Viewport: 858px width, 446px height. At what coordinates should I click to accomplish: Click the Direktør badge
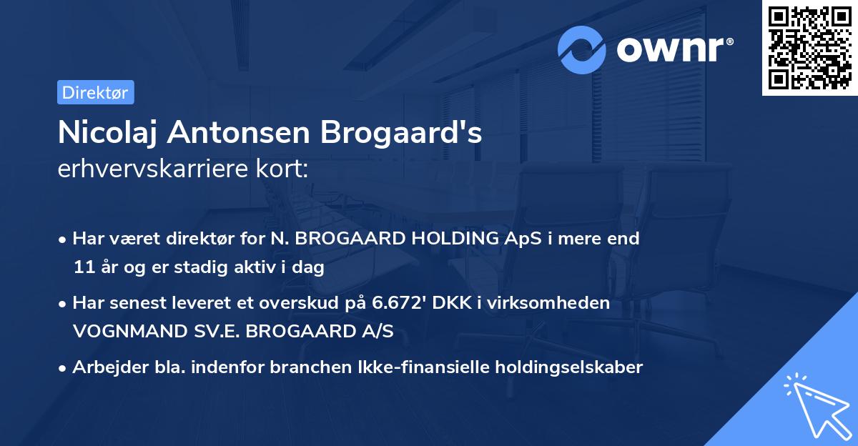click(x=95, y=92)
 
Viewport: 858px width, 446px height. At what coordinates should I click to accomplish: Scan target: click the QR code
click(x=809, y=47)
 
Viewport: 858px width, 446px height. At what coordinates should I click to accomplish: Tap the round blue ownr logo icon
click(x=582, y=49)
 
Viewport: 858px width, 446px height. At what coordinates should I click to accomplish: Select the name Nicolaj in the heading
click(x=105, y=132)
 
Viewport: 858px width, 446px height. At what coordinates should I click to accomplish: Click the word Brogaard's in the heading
click(x=401, y=132)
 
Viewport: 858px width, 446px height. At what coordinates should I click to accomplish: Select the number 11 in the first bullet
click(x=82, y=268)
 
